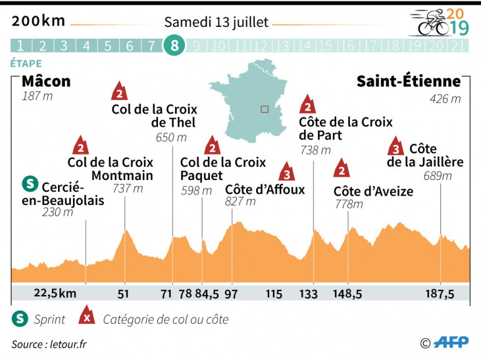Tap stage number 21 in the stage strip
pyautogui.click(x=458, y=46)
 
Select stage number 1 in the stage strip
pyautogui.click(x=21, y=46)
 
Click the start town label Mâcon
pyautogui.click(x=46, y=82)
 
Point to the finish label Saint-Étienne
pyautogui.click(x=409, y=82)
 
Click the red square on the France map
pyautogui.click(x=264, y=109)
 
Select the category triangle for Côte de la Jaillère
pyautogui.click(x=395, y=147)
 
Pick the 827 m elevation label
pyautogui.click(x=241, y=201)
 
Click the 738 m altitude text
pyautogui.click(x=315, y=150)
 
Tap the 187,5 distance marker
pyautogui.click(x=441, y=294)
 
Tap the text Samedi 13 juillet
pyautogui.click(x=216, y=22)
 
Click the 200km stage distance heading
pyautogui.click(x=39, y=21)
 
